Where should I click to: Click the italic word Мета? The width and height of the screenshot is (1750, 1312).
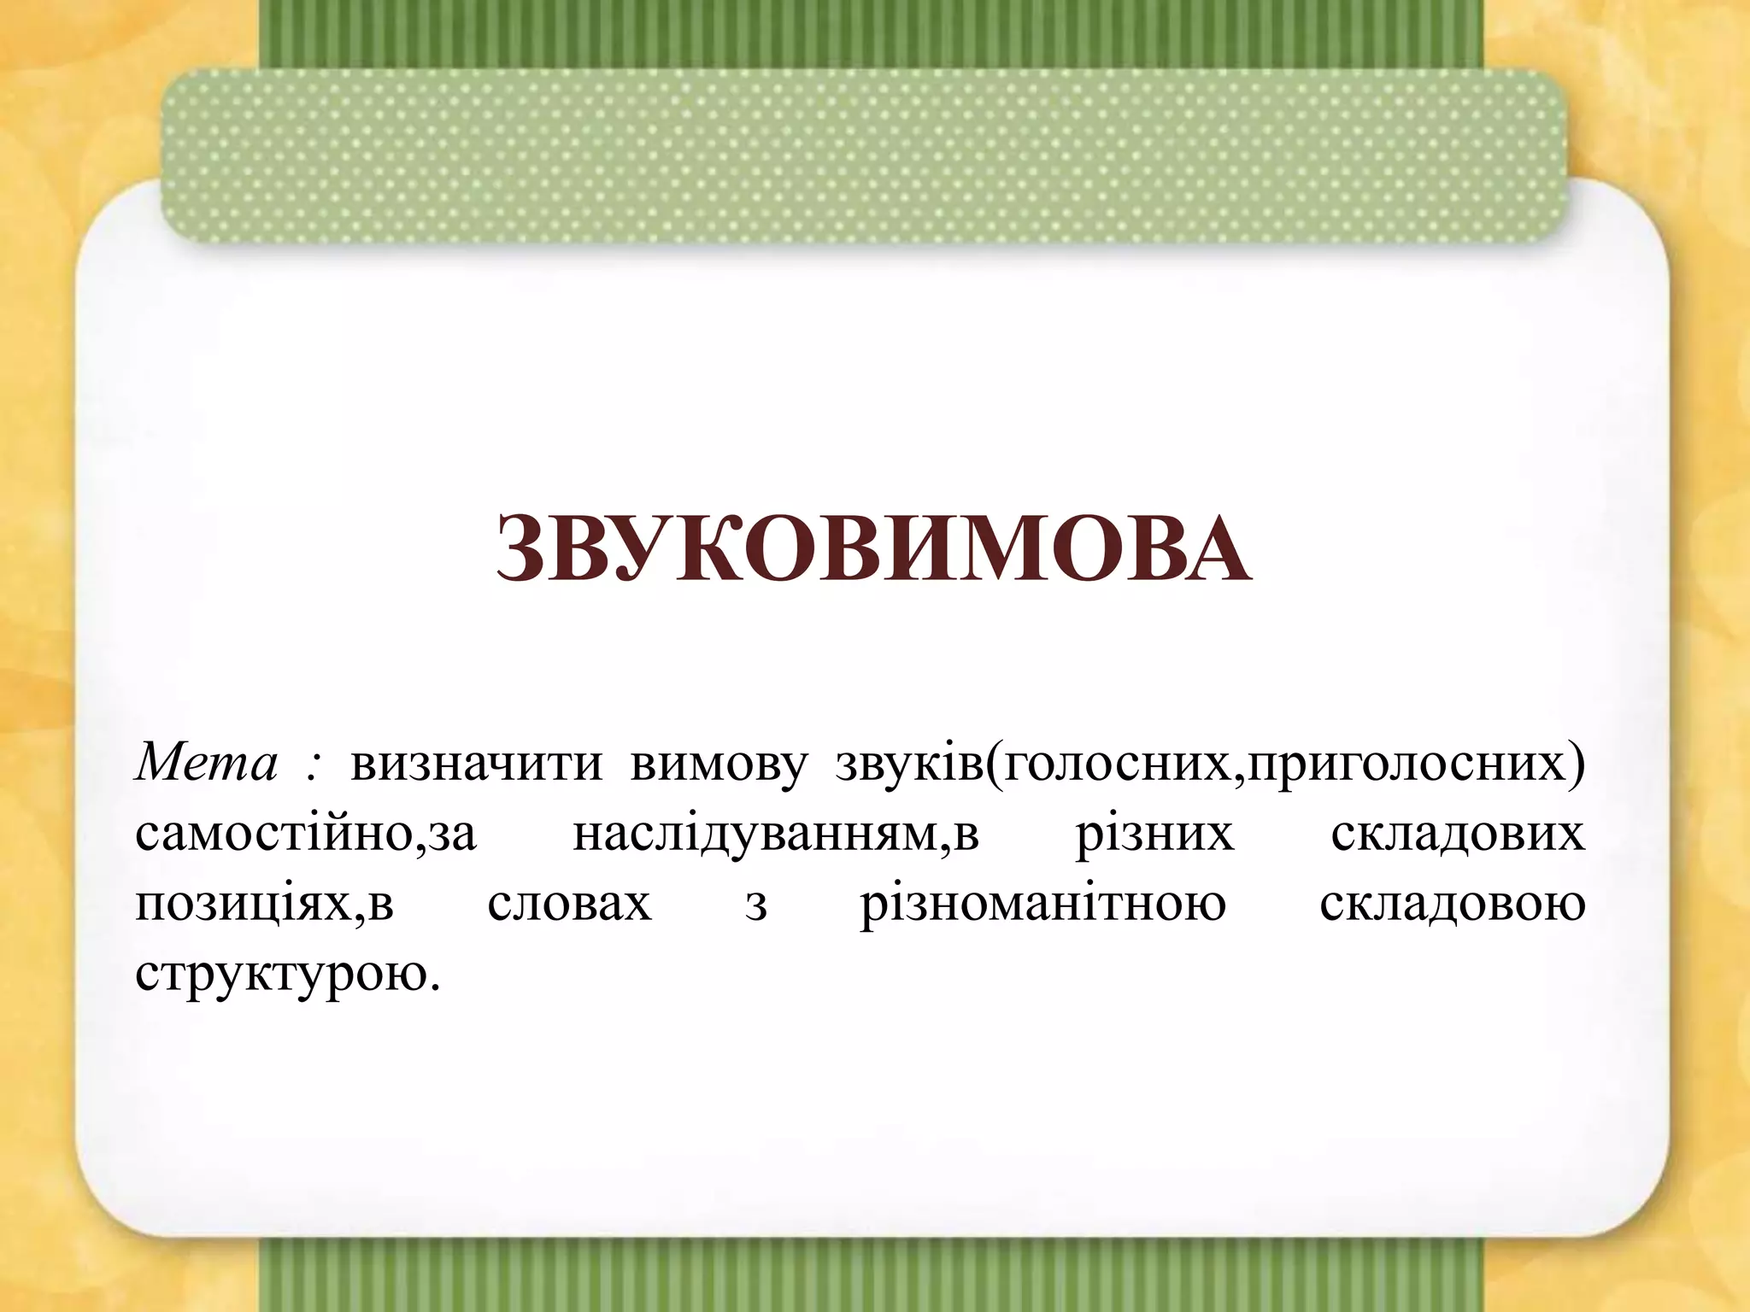[x=206, y=763]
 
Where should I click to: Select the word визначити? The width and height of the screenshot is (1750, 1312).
[x=476, y=763]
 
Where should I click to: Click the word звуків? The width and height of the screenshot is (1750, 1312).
[x=909, y=763]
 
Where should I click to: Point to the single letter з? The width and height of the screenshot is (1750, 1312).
[x=755, y=906]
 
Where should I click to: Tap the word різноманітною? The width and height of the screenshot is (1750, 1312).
[x=1042, y=906]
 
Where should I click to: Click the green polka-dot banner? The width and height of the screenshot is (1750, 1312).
[x=863, y=154]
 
